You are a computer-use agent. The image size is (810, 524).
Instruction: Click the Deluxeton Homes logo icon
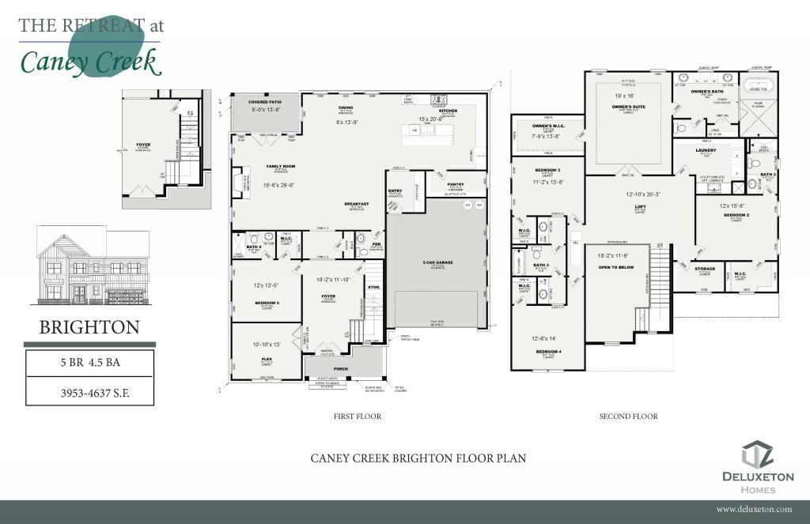point(756,454)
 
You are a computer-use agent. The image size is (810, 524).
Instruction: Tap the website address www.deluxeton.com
point(754,510)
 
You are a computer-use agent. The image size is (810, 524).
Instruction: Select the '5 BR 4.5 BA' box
point(89,364)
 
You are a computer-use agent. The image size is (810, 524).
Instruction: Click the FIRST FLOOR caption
point(358,416)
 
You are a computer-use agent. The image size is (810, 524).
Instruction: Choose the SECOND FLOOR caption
point(628,416)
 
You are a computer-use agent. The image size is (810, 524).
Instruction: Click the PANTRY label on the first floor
point(455,184)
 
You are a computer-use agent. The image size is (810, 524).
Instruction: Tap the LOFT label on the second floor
point(641,207)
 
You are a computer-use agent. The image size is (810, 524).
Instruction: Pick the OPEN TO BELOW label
point(616,267)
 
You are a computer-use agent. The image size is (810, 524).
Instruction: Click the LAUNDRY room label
point(705,149)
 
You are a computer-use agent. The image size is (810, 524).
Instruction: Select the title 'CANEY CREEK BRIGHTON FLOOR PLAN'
point(418,458)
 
